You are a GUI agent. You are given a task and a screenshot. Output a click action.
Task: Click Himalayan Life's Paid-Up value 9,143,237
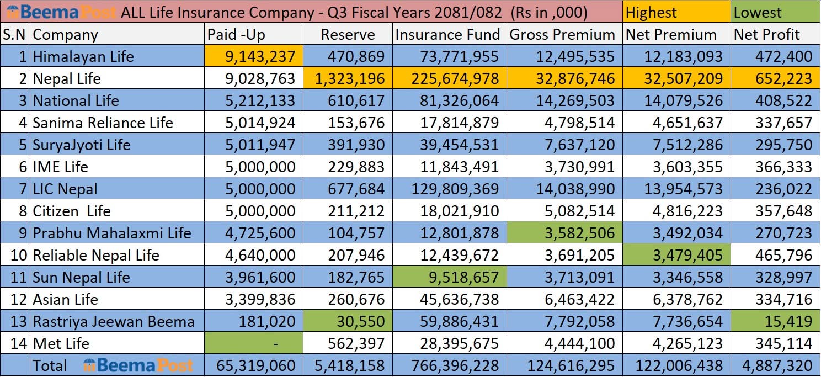260,56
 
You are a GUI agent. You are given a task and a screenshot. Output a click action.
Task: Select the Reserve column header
348,35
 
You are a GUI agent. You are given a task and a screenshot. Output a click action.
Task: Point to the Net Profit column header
766,35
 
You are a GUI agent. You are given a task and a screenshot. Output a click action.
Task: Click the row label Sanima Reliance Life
103,123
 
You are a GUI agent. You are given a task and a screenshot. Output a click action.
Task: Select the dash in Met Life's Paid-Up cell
276,344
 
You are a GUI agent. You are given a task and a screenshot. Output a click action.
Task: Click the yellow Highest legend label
651,12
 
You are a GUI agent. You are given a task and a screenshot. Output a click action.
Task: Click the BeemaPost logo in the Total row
138,365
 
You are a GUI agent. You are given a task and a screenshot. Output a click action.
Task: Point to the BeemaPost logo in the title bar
60,12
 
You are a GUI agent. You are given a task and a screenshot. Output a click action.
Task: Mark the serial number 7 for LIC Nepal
23,189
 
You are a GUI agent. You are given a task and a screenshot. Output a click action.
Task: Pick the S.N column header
15,35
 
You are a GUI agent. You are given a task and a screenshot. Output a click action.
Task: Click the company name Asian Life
65,299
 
